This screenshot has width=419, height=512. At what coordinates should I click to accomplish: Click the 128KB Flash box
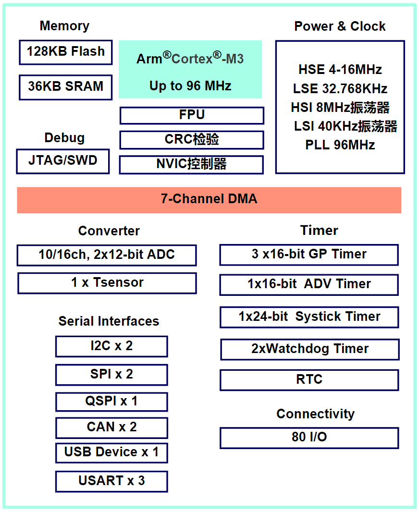click(66, 52)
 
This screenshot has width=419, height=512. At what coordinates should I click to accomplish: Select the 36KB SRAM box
click(66, 87)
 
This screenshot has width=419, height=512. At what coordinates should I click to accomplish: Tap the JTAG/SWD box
click(62, 161)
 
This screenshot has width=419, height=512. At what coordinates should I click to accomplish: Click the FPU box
click(192, 115)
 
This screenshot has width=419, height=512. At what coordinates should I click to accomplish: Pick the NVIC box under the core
click(192, 164)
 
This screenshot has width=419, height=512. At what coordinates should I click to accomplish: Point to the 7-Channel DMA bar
click(209, 199)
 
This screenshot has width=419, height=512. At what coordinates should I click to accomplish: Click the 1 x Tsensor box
click(107, 283)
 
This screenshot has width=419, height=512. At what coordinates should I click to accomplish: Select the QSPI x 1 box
click(111, 402)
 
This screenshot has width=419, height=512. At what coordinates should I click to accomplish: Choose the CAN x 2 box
click(111, 427)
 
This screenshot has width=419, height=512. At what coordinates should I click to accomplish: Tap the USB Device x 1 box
click(111, 452)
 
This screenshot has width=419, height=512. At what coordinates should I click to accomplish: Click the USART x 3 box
click(111, 481)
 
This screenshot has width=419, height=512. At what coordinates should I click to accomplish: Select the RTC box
click(309, 380)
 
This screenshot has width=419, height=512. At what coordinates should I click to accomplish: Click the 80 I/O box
click(309, 438)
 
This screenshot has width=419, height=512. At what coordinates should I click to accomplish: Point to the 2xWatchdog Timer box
click(310, 349)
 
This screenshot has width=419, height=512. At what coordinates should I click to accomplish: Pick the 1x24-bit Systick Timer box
click(309, 317)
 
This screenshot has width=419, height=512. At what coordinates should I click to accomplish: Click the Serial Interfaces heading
click(109, 321)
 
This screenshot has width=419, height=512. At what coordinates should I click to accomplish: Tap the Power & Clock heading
click(340, 26)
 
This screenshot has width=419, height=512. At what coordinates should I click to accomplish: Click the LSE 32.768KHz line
click(340, 89)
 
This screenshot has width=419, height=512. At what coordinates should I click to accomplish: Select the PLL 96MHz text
click(340, 145)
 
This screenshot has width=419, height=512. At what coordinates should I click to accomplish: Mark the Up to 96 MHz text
click(190, 86)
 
